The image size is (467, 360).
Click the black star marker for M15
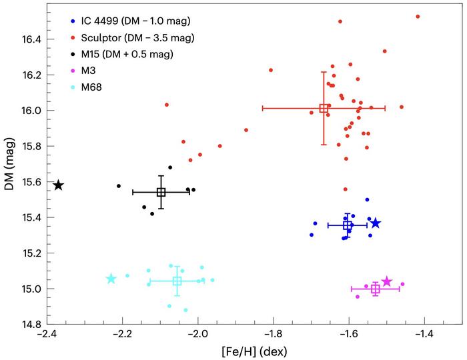coord(59,185)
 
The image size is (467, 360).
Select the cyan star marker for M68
coord(111,279)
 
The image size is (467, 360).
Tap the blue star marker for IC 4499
coord(376,223)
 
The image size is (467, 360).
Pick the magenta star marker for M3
coord(387,282)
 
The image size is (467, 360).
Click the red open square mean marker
coord(324,108)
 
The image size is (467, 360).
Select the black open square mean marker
coord(161,192)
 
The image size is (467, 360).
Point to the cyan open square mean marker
coord(177,281)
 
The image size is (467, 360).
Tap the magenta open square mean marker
coord(376,289)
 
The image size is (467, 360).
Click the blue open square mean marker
coord(348,225)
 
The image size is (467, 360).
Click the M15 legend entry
coord(127,54)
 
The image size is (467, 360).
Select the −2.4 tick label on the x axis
coord(46,334)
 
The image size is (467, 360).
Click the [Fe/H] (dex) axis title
coord(254,350)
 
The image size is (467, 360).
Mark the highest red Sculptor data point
coord(418,16)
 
